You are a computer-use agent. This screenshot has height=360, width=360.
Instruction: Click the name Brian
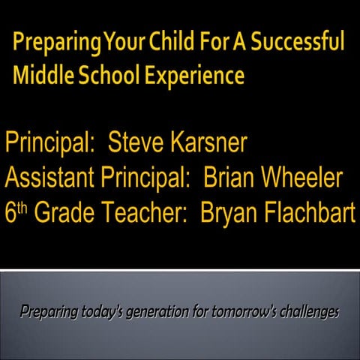coord(234,178)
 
